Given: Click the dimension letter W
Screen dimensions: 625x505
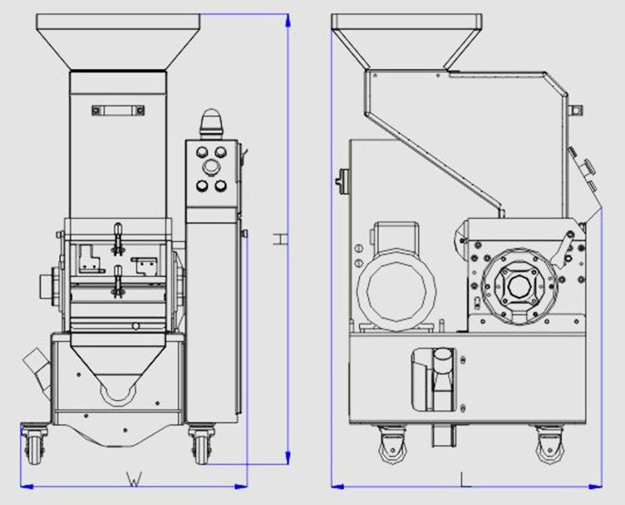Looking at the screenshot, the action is (135, 479).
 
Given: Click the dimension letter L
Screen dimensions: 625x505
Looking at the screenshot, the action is (465, 479).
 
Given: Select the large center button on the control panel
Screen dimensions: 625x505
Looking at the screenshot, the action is (210, 167).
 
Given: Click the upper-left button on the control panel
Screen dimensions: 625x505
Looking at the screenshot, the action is (201, 152).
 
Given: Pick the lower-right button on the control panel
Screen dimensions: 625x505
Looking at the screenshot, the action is (220, 186).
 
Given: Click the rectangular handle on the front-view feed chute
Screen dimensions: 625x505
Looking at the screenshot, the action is (118, 110).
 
